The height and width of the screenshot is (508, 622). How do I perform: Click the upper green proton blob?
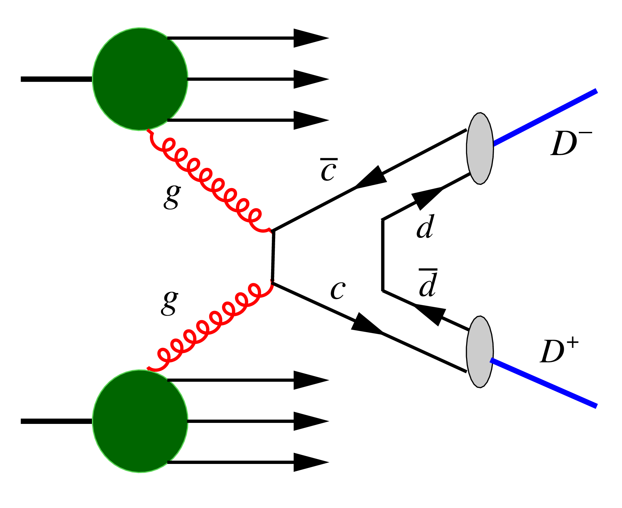140,79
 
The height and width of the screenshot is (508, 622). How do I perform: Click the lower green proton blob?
140,421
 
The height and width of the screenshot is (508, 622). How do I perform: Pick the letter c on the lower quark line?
338,290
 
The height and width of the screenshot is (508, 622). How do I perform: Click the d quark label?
425,227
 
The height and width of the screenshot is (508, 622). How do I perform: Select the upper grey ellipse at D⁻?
480,148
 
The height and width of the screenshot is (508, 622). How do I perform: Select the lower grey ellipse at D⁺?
480,352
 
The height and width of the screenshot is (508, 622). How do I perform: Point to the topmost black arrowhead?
310,38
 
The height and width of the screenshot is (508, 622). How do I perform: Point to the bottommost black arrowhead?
310,462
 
